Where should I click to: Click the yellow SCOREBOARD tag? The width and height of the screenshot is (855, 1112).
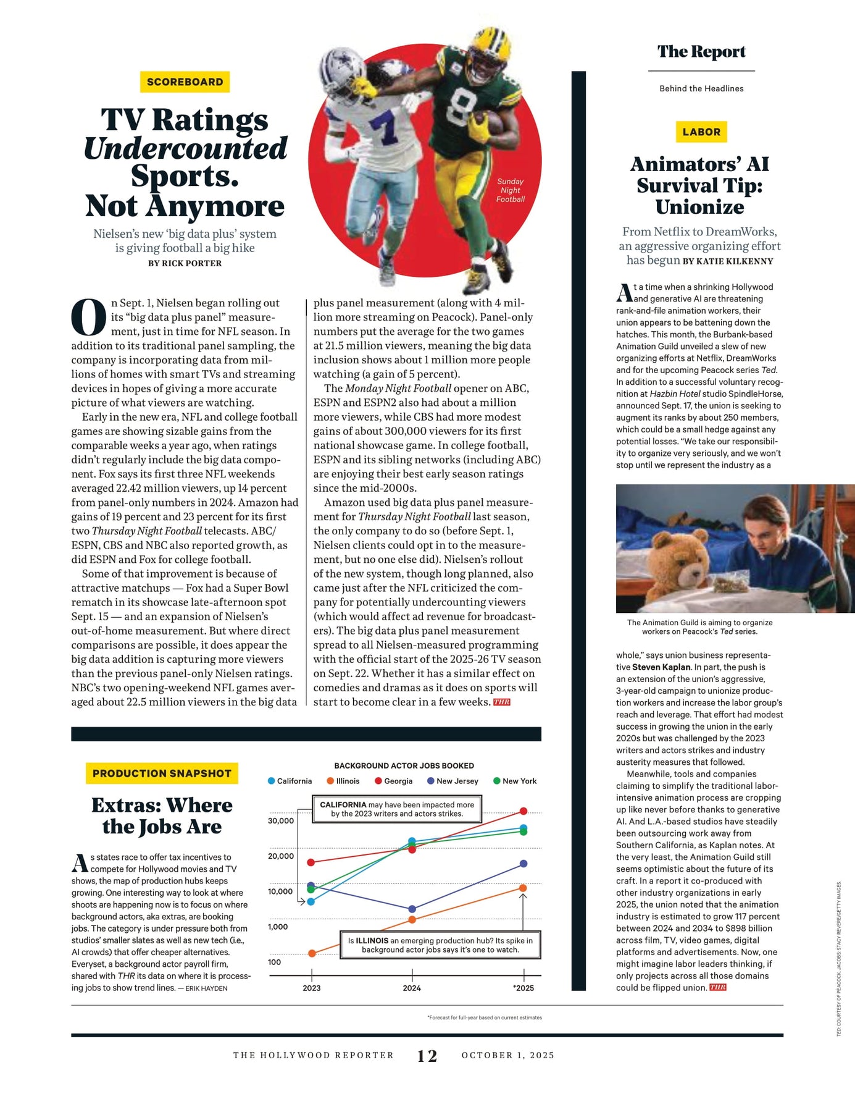coord(185,82)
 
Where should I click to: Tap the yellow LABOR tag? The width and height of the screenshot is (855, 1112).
coord(701,132)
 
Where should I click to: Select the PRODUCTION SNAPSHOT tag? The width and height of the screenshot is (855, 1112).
coord(162,773)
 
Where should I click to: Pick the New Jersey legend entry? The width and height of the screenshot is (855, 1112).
coord(453,781)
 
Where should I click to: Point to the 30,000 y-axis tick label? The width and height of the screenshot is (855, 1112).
coord(281,820)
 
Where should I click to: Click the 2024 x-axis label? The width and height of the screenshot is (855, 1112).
coord(412,988)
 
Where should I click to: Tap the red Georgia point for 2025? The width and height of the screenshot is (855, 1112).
coord(523,811)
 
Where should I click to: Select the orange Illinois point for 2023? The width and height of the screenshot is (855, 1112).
coord(312,953)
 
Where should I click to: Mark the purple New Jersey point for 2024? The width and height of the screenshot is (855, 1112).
coord(412,909)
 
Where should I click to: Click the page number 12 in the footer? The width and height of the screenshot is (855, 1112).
coord(427,1056)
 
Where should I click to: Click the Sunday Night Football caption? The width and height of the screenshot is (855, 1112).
coord(511,190)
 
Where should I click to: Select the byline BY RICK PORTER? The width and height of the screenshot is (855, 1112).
coord(185,263)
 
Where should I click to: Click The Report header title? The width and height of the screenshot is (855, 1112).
coord(701,51)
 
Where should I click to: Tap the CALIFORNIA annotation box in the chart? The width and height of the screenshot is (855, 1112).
coord(397,809)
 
